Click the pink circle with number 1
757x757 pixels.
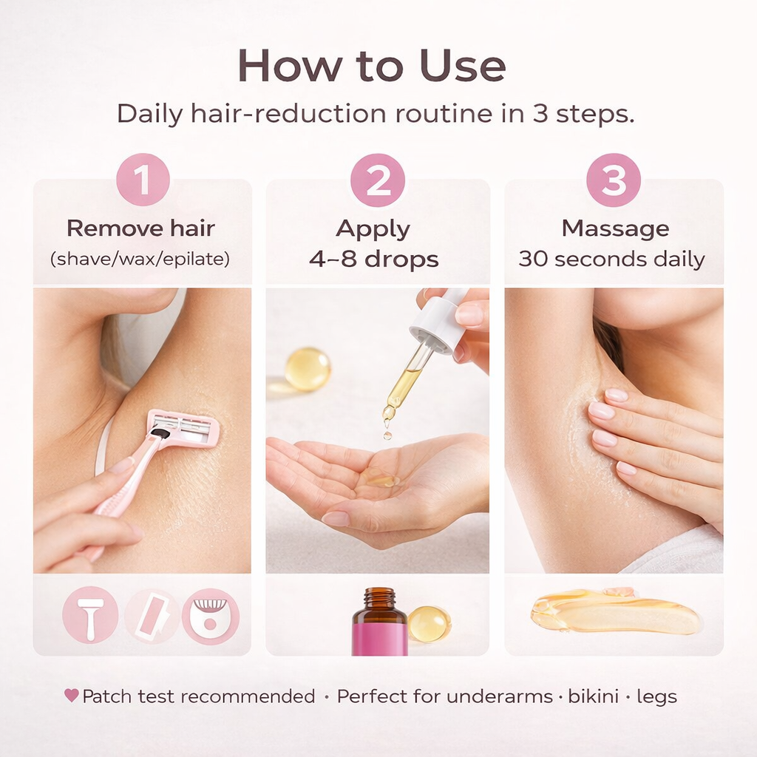click(x=143, y=180)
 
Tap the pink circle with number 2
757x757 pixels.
click(x=378, y=180)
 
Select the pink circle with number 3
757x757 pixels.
click(x=614, y=180)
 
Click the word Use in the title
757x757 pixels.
click(x=463, y=66)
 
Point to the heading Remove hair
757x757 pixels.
click(x=140, y=228)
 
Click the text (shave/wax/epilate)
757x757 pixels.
click(x=140, y=259)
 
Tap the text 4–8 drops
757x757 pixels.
click(x=373, y=259)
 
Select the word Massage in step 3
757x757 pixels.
click(x=615, y=229)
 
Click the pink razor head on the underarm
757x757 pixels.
click(x=183, y=428)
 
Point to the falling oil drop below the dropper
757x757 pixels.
click(x=387, y=435)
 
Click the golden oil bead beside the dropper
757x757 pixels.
click(x=308, y=369)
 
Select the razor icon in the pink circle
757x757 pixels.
click(x=90, y=616)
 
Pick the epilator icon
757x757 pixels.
click(x=211, y=617)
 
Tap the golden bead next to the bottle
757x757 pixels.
click(x=429, y=624)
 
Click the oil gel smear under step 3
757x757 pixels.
click(x=614, y=611)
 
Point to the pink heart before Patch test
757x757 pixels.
click(x=72, y=695)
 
